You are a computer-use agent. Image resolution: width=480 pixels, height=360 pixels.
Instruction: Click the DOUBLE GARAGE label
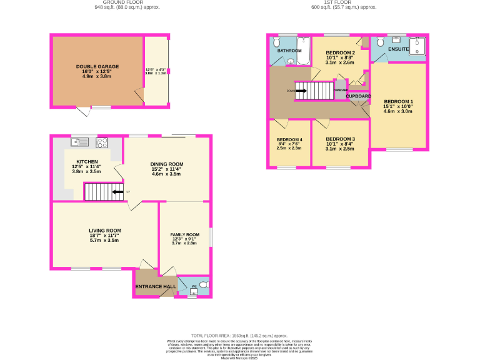point(97,66)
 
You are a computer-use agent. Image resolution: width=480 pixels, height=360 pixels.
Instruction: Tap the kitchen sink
point(79,142)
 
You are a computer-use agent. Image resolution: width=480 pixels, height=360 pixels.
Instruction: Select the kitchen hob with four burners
point(101,142)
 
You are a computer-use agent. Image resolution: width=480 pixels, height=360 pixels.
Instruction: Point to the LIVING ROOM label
point(104,230)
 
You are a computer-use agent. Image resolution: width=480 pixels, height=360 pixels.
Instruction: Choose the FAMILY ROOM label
point(184,234)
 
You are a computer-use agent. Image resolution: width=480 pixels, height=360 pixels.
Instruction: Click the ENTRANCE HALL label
point(156,286)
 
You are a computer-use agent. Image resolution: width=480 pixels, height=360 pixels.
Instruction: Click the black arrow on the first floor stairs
point(300,91)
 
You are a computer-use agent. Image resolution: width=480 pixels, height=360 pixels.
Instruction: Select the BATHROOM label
point(290,50)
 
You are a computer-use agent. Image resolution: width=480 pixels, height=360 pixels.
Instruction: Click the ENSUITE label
point(397,49)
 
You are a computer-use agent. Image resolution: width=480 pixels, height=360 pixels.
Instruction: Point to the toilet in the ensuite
point(381,42)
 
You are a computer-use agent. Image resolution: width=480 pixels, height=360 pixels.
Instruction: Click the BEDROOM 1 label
point(399,101)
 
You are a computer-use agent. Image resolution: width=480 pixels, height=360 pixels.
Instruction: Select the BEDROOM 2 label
point(341,52)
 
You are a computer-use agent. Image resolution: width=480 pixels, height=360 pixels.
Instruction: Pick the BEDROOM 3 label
point(341,138)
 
